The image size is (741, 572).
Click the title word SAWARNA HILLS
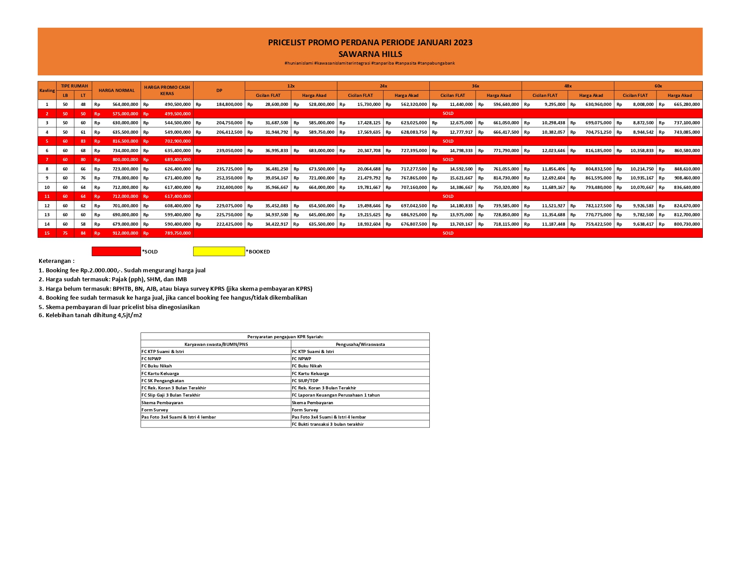(370, 54)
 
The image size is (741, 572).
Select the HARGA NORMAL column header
(116, 91)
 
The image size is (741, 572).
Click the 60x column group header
(658, 86)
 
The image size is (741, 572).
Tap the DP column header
(219, 91)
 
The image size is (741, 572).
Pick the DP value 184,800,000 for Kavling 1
(229, 105)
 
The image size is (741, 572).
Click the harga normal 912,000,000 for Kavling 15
(125, 233)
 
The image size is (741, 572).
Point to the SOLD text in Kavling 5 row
(448, 141)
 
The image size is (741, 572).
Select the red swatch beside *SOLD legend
(116, 252)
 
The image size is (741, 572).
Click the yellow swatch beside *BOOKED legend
(219, 252)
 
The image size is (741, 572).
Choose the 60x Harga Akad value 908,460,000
(687, 178)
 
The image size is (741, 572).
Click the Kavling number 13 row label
(47, 215)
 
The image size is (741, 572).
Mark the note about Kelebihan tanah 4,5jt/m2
(90, 315)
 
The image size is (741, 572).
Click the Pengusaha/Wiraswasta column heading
(360, 345)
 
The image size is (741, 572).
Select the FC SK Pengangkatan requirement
(163, 381)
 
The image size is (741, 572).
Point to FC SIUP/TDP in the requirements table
(305, 381)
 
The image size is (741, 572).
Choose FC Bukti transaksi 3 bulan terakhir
(327, 424)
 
